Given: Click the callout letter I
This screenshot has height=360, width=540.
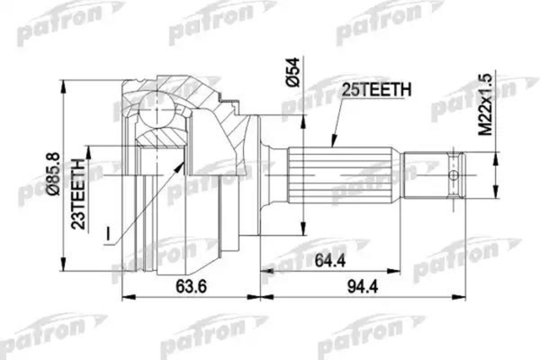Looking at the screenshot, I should [x=107, y=236].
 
